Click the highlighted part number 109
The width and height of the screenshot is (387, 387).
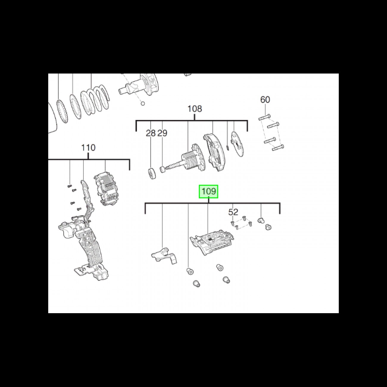tap(208, 191)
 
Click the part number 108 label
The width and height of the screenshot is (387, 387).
tap(195, 109)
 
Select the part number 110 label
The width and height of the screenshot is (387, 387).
tap(88, 148)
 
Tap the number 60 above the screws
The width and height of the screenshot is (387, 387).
tap(265, 100)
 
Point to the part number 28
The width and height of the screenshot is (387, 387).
tap(151, 133)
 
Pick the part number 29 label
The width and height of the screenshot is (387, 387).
tap(162, 133)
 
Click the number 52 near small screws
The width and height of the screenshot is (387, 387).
tap(233, 212)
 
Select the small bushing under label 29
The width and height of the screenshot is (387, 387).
tap(163, 169)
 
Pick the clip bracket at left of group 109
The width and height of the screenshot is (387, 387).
tap(164, 255)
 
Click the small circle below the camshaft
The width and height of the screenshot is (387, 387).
tap(143, 104)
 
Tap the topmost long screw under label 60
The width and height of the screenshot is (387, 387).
tap(264, 117)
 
